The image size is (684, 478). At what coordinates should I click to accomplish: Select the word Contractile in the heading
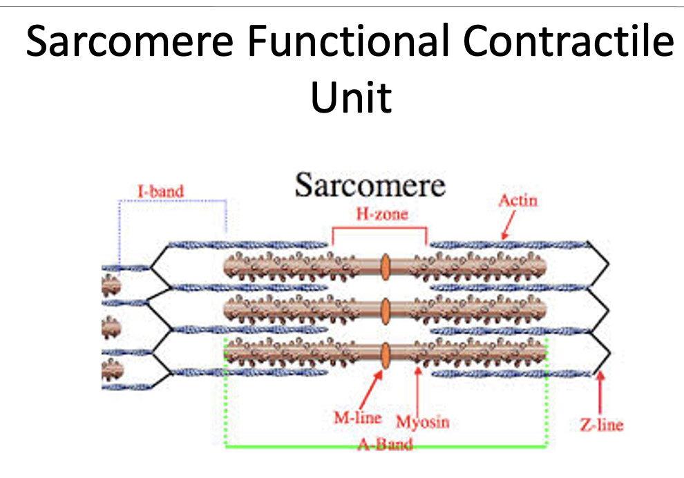[568, 43]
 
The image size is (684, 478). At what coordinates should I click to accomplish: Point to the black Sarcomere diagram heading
[370, 185]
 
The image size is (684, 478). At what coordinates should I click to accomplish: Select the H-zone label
[381, 213]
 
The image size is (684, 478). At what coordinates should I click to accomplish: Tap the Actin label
[517, 200]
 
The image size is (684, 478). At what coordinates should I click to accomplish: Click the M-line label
[357, 417]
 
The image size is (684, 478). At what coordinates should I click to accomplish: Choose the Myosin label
[422, 421]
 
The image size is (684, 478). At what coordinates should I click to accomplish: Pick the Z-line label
[601, 424]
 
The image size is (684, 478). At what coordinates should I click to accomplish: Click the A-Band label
[385, 443]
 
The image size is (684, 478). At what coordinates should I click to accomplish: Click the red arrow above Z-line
[600, 394]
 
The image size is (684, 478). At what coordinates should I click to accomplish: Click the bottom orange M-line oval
[386, 353]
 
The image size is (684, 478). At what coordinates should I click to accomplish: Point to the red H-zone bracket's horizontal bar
[379, 227]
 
